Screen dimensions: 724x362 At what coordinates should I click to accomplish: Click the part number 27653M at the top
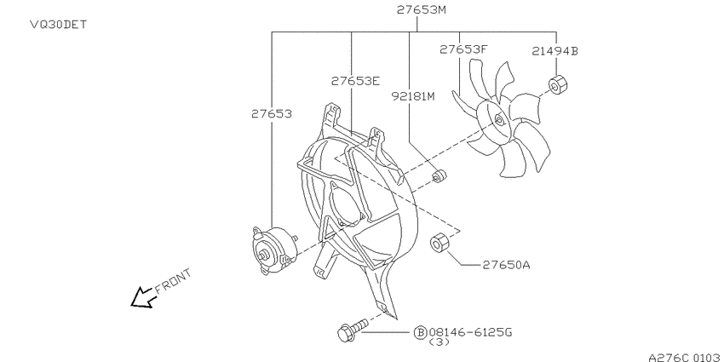pos(421,9)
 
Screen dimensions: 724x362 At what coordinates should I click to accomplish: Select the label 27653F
pos(463,49)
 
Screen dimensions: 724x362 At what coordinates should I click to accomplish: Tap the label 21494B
pos(554,51)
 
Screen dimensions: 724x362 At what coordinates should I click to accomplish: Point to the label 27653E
pos(355,81)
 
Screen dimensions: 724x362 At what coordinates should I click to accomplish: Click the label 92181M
pos(413,96)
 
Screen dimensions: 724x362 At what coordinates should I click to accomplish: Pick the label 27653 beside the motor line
pos(272,113)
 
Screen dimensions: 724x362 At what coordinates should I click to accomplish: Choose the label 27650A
pos(506,265)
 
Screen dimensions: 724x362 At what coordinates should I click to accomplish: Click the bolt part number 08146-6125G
pos(470,332)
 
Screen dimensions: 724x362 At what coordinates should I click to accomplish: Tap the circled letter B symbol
pos(420,332)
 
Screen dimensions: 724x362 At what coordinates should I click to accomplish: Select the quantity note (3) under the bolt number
pos(440,343)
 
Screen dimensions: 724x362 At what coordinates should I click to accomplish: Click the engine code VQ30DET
pos(58,24)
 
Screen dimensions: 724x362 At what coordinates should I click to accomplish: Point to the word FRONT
pos(173,281)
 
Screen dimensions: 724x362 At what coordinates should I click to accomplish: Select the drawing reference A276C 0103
pos(685,357)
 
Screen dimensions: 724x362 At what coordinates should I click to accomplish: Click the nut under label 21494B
pos(558,84)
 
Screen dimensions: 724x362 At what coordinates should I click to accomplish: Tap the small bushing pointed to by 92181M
pos(440,176)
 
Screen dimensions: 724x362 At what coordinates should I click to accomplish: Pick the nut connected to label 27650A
pos(439,243)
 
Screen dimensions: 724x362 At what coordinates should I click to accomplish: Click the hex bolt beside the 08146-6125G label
pos(353,330)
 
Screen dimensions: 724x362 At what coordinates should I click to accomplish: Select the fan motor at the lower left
pos(273,251)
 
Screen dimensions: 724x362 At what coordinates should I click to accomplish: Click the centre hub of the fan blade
pos(497,121)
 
